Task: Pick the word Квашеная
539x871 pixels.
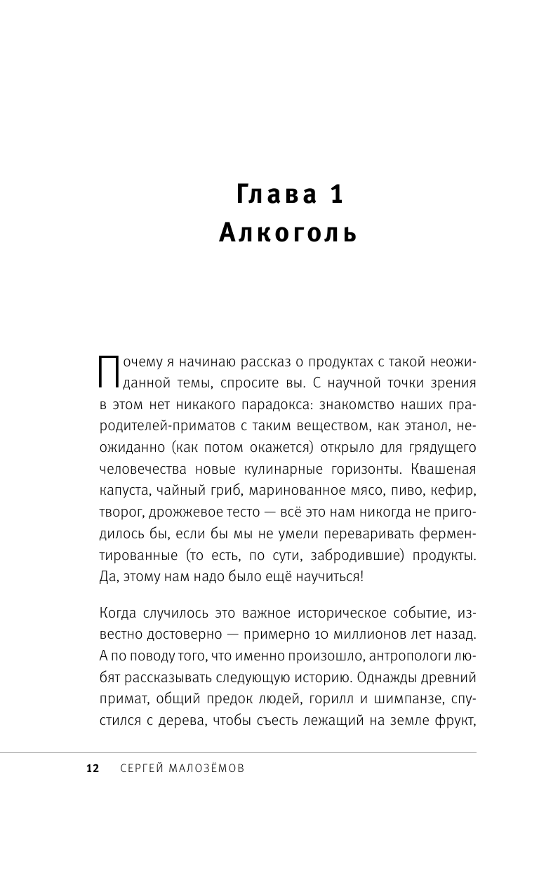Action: [441, 469]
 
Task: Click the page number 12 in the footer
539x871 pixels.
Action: [93, 769]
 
